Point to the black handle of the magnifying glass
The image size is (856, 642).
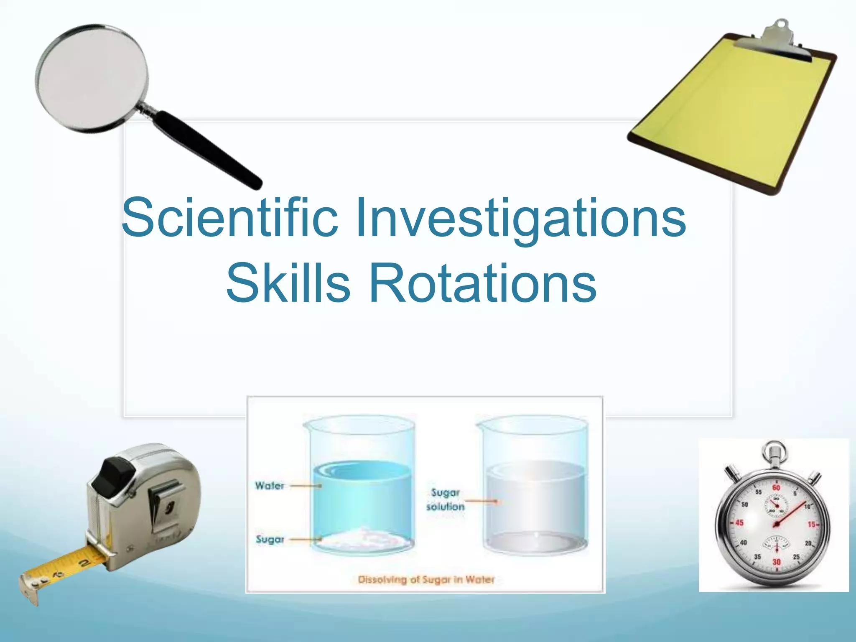(x=207, y=148)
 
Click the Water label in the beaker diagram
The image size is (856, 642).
(x=270, y=486)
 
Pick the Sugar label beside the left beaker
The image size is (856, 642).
(x=270, y=539)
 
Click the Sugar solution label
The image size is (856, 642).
(x=445, y=499)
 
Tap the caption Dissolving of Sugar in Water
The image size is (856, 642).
(x=426, y=580)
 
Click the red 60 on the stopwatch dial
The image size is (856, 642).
(x=776, y=487)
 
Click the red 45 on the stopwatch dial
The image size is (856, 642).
(x=739, y=523)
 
